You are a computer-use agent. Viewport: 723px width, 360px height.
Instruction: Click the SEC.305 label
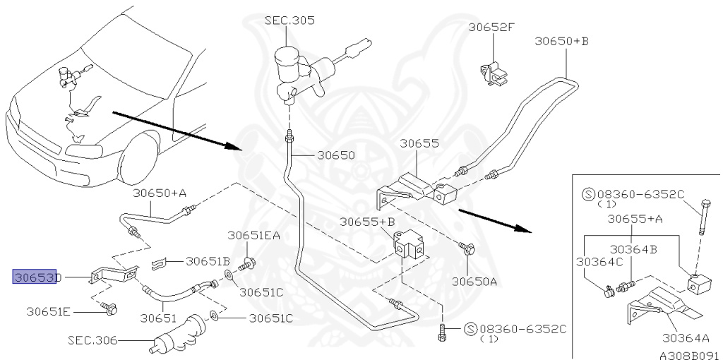289,20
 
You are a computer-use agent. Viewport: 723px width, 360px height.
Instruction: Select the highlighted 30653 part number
35,277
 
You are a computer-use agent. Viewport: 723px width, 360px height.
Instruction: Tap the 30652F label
491,28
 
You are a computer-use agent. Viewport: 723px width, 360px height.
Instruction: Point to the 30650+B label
561,41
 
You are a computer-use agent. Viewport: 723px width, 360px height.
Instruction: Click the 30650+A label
160,193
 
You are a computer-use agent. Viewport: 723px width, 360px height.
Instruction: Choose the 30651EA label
253,236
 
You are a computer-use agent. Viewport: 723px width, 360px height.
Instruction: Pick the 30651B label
208,261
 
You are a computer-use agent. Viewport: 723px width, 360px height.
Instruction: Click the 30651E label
49,312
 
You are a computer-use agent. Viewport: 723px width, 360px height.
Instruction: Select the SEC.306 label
92,341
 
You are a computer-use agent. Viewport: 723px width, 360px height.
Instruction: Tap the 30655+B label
367,222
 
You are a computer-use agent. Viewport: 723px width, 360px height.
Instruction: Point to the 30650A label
474,281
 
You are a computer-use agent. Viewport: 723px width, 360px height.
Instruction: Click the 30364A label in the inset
685,338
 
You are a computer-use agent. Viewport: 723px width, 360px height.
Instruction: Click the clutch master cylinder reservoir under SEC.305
287,63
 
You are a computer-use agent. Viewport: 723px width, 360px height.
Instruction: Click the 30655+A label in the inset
635,219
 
